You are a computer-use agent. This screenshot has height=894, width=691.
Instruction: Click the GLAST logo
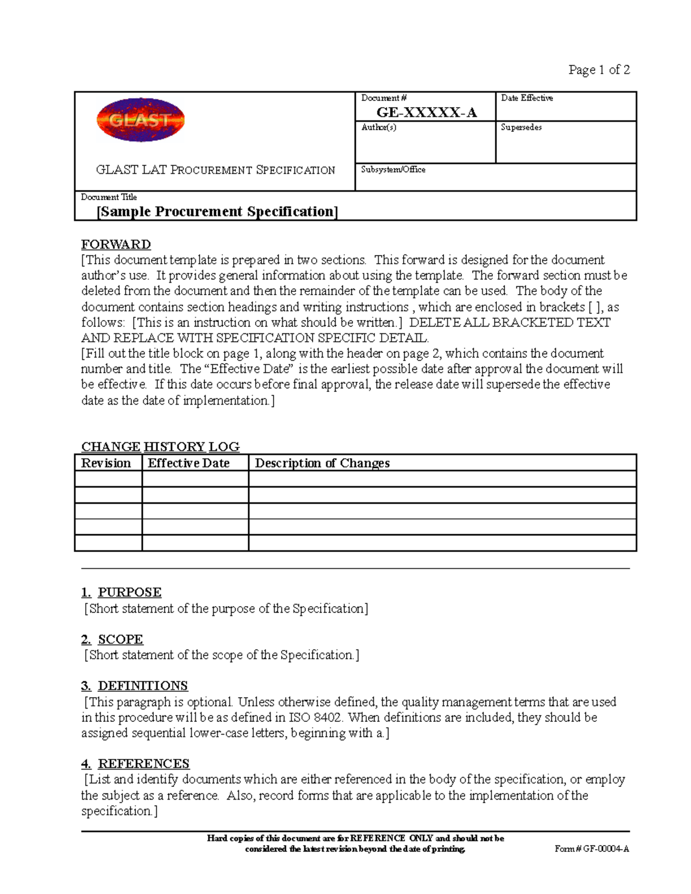140,120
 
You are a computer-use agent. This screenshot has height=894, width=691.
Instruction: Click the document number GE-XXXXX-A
426,112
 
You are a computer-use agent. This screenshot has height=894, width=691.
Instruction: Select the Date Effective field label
526,98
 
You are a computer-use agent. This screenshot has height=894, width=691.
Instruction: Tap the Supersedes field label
521,127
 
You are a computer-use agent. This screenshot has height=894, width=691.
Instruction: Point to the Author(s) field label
378,127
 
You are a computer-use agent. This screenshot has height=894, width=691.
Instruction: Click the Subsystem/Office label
393,169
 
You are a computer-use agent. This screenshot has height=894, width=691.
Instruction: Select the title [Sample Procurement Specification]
217,211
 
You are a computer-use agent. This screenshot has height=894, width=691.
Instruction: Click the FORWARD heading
116,244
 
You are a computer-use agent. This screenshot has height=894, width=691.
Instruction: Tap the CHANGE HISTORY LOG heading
160,447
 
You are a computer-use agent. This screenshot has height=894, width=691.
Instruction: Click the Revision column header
106,463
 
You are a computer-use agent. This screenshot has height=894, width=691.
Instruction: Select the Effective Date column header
188,463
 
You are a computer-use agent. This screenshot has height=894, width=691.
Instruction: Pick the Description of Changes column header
322,463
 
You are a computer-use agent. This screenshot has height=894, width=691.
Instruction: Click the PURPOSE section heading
129,592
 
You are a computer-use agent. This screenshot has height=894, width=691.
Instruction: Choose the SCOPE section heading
120,639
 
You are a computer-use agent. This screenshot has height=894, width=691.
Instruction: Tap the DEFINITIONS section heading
142,686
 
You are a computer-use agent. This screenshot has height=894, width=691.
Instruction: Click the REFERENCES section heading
143,763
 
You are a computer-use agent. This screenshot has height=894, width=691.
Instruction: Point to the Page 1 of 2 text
599,70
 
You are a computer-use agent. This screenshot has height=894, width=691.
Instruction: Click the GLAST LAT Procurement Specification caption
215,170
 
